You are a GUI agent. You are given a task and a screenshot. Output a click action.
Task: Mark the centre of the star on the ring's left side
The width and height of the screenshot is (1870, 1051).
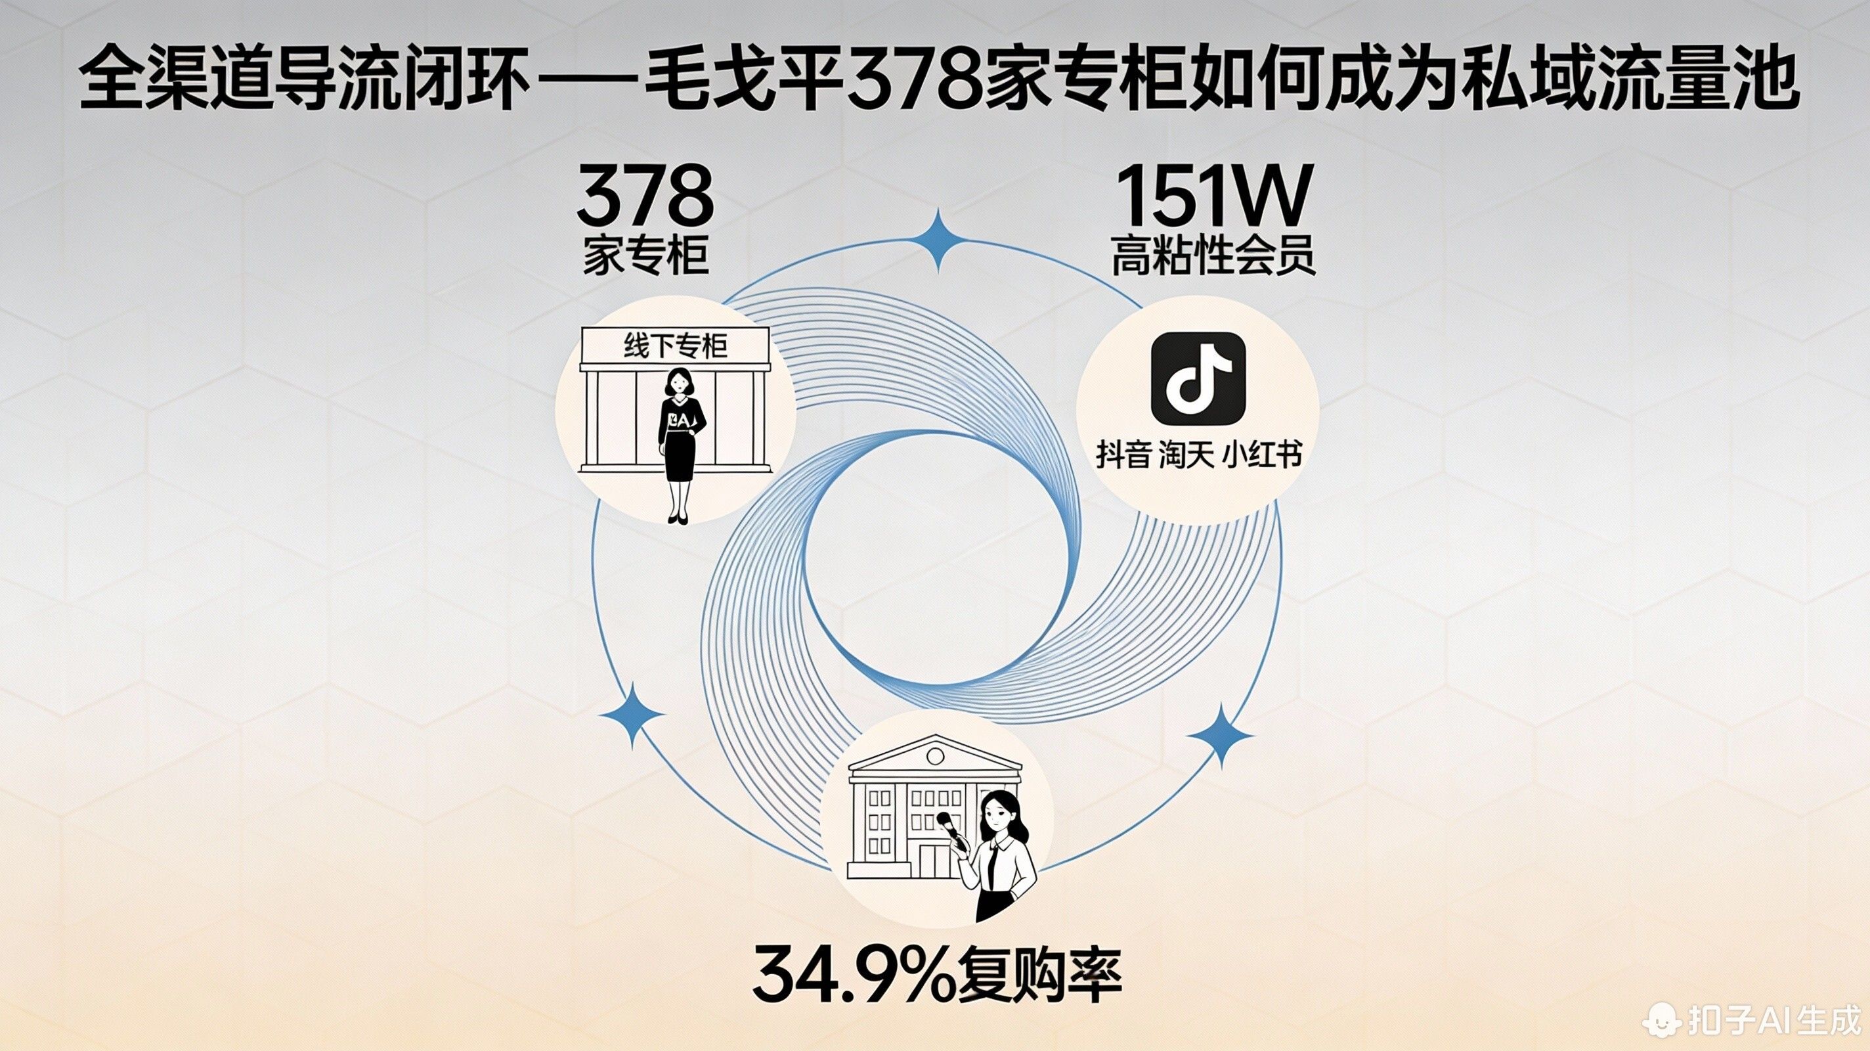pyautogui.click(x=632, y=715)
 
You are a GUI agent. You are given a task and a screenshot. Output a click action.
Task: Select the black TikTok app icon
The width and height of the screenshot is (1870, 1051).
pyautogui.click(x=1198, y=378)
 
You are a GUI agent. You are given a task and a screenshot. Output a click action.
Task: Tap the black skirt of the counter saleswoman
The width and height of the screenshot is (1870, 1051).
pyautogui.click(x=680, y=456)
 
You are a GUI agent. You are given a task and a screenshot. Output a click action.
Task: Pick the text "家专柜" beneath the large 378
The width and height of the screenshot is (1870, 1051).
pyautogui.click(x=645, y=256)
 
